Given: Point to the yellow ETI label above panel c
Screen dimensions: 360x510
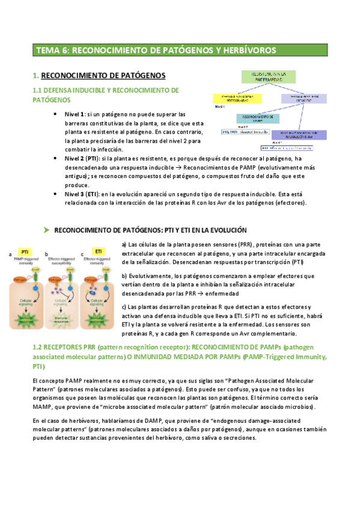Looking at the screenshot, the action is [98, 251].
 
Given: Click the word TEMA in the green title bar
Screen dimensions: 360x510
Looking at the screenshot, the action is [49, 50].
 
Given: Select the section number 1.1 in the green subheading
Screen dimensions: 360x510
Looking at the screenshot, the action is [37, 90].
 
